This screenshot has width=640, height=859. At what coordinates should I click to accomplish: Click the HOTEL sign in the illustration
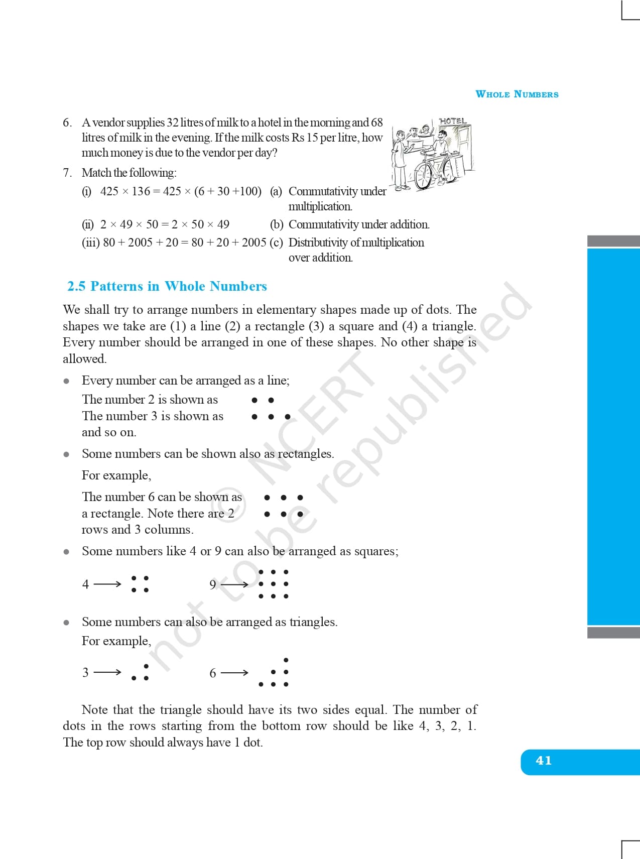tap(453, 121)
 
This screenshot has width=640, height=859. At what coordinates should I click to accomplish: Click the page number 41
tap(544, 760)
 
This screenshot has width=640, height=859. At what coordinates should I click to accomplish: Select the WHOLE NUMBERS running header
tap(517, 94)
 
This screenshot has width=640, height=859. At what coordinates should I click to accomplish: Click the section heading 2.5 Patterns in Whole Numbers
tap(167, 286)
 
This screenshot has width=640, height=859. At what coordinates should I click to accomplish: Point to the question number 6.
tap(67, 122)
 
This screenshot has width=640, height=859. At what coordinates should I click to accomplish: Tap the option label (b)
tap(276, 224)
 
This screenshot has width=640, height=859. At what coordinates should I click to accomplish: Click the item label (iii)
tap(91, 242)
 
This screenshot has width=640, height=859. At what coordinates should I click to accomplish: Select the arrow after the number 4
tap(107, 584)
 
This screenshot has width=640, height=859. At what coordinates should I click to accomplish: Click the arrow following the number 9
tap(234, 584)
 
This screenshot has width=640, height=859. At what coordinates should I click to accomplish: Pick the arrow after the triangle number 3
tap(107, 672)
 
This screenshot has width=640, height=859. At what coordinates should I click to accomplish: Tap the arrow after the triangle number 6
tap(234, 672)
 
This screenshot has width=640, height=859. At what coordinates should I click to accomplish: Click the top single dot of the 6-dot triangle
tap(286, 660)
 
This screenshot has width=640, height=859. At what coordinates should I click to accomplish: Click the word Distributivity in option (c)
tap(318, 242)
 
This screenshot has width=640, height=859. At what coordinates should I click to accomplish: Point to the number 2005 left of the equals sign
tap(140, 242)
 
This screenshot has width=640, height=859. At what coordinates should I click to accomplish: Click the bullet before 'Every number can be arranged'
tap(66, 381)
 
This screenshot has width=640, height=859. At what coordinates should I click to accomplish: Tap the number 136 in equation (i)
tap(141, 191)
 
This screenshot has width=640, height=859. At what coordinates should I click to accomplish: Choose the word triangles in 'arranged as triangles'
tap(313, 622)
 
